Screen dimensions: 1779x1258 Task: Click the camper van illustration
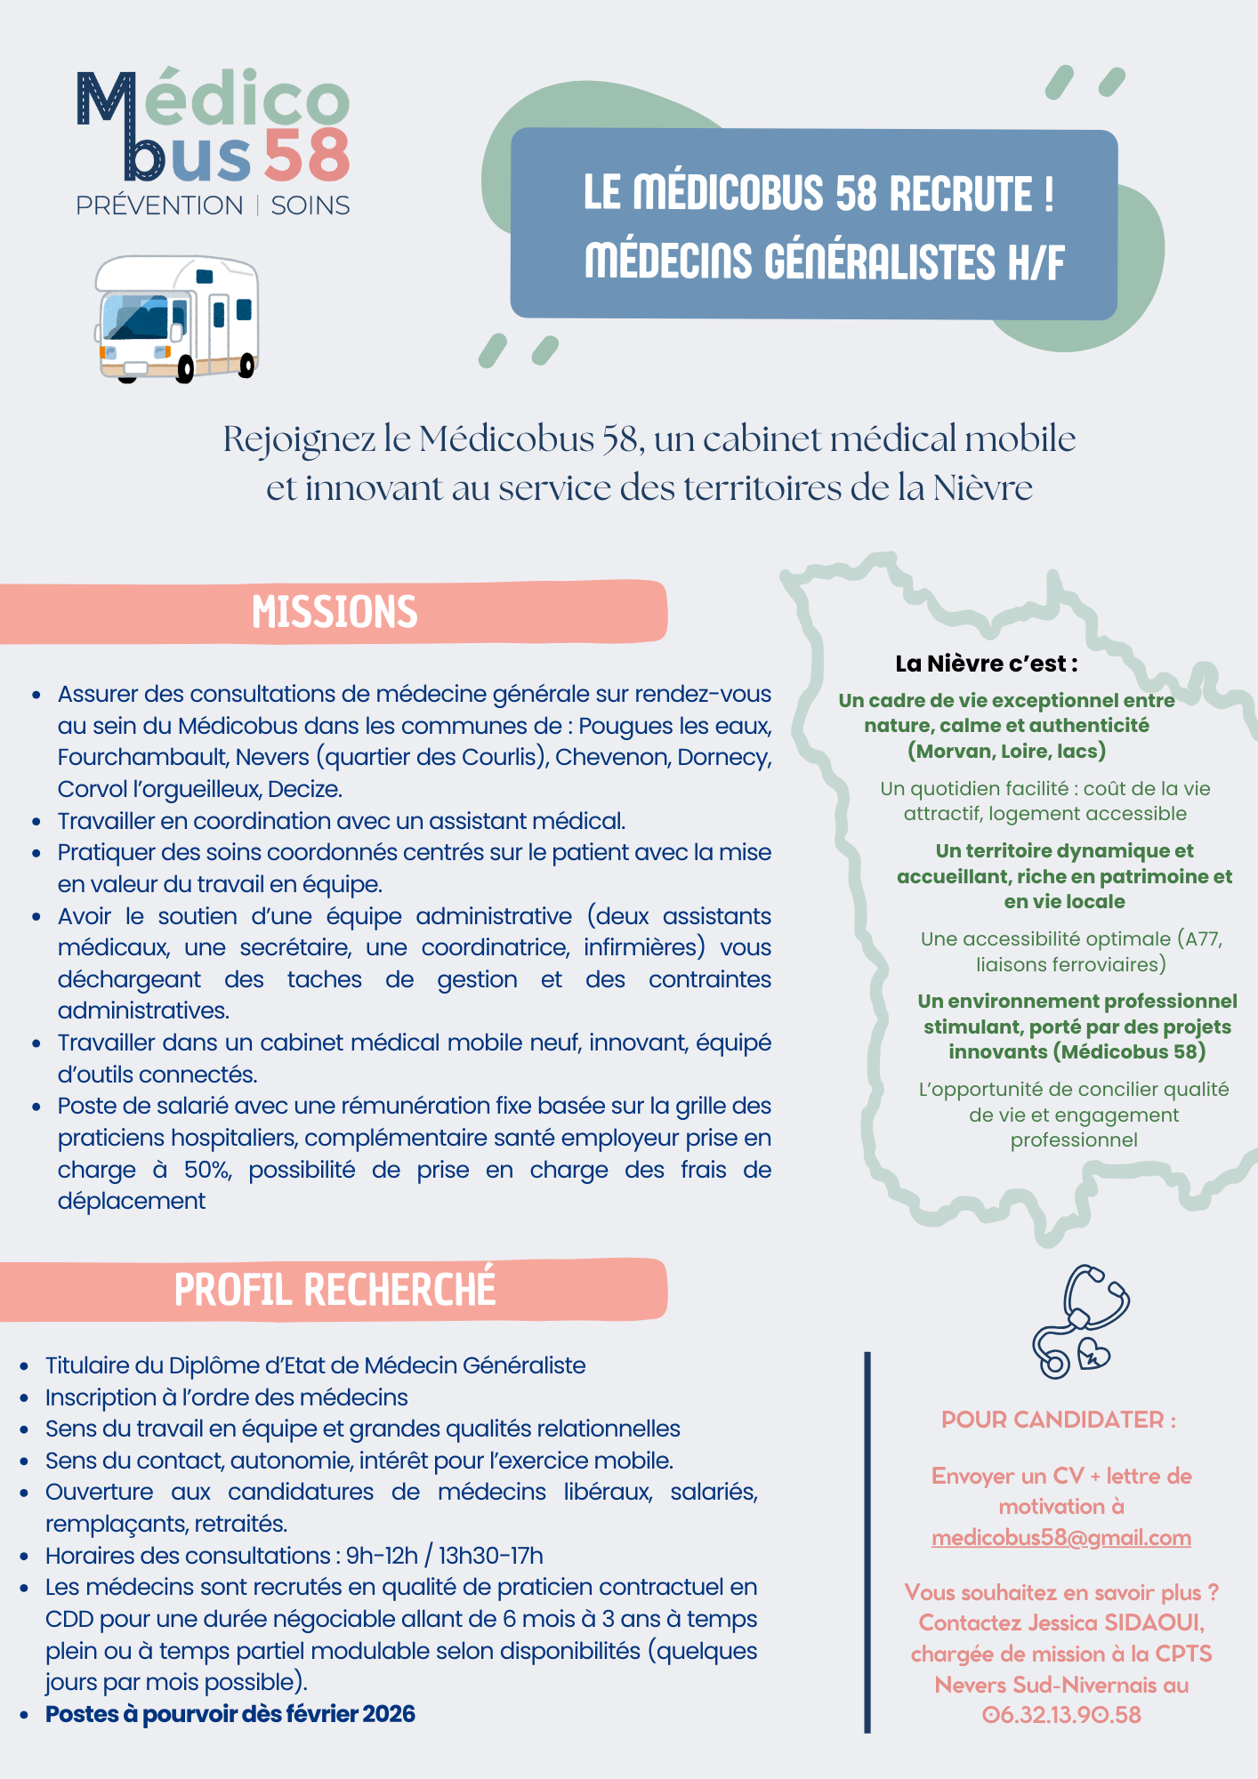pyautogui.click(x=177, y=319)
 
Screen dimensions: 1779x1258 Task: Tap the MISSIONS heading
pyautogui.click(x=335, y=613)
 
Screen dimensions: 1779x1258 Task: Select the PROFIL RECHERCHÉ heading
pyautogui.click(x=335, y=1290)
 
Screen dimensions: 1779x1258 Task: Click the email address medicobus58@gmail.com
pyautogui.click(x=1060, y=1538)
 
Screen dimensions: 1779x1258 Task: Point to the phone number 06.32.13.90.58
pyautogui.click(x=1061, y=1715)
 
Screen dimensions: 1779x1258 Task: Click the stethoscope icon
pyautogui.click(x=1079, y=1321)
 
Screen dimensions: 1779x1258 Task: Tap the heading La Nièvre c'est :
pyautogui.click(x=987, y=664)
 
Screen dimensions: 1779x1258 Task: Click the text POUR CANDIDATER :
pyautogui.click(x=1059, y=1420)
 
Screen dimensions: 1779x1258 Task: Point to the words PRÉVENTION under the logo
pyautogui.click(x=159, y=205)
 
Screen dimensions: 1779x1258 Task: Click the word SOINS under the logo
pyautogui.click(x=310, y=205)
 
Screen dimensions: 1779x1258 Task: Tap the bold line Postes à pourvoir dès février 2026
pyautogui.click(x=230, y=1714)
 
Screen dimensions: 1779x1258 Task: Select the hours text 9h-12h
pyautogui.click(x=382, y=1556)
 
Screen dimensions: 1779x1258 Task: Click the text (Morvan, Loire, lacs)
pyautogui.click(x=1006, y=751)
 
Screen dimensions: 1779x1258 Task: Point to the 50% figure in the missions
pyautogui.click(x=207, y=1170)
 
